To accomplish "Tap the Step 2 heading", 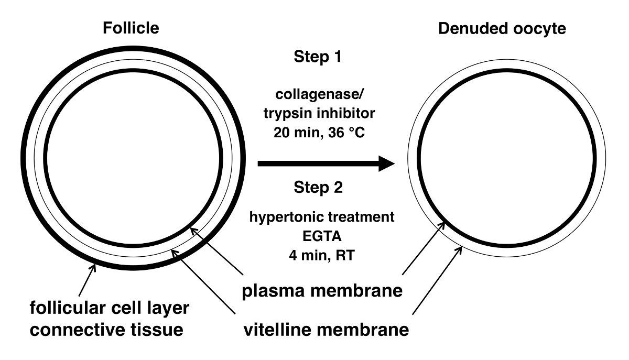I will pyautogui.click(x=318, y=187).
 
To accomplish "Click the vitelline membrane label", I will pyautogui.click(x=326, y=331).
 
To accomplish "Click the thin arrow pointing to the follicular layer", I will pyautogui.click(x=86, y=279).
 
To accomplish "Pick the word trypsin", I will pyautogui.click(x=292, y=114).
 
